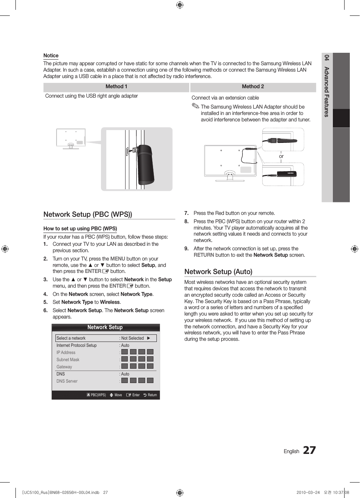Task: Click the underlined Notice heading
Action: point(51,55)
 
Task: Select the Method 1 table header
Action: point(116,87)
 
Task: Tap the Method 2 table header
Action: point(253,87)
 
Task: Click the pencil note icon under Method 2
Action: point(195,106)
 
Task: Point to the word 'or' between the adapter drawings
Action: point(281,156)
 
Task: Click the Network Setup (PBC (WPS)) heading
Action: point(87,214)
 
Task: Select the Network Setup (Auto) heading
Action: point(218,271)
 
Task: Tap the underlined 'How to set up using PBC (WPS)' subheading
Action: point(80,228)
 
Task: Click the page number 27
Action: point(309,450)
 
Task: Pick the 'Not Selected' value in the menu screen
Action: point(133,338)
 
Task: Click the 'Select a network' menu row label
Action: point(71,338)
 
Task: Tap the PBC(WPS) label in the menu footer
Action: point(98,395)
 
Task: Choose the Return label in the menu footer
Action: point(152,395)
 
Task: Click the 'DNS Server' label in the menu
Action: point(67,381)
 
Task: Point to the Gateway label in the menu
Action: point(64,367)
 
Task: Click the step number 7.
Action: point(186,213)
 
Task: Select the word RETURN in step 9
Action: point(204,255)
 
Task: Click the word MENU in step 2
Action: point(118,259)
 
